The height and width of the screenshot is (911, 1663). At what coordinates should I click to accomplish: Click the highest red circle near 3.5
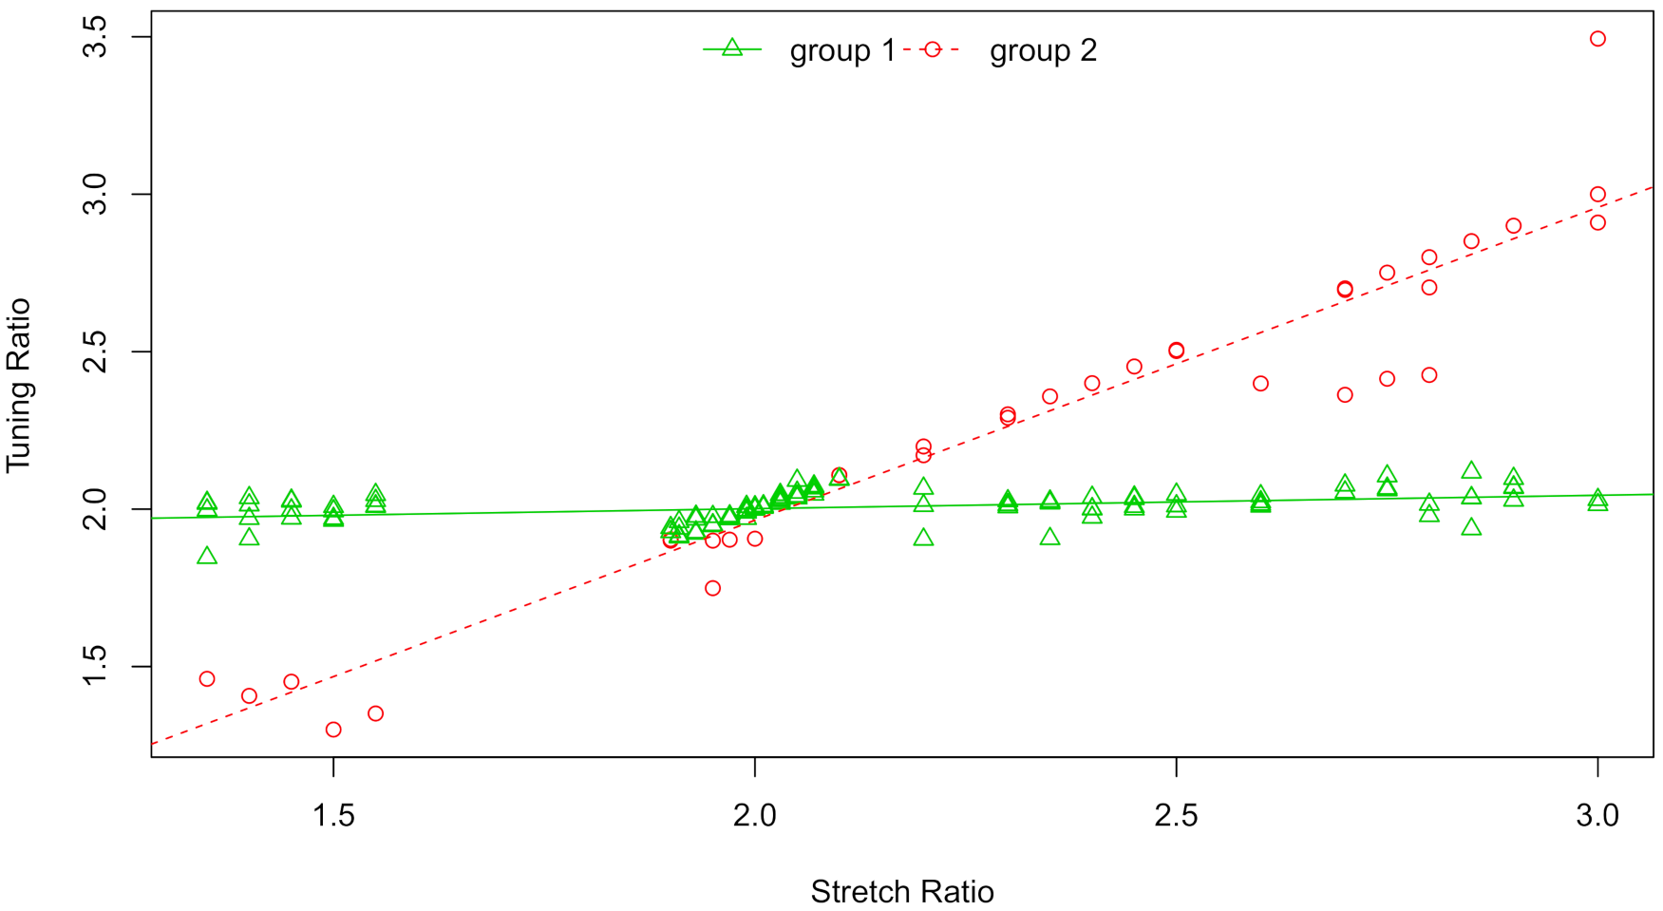click(1597, 39)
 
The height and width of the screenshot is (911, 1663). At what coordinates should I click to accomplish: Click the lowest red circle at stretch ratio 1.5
click(333, 730)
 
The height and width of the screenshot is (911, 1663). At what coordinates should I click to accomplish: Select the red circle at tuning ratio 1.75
click(712, 588)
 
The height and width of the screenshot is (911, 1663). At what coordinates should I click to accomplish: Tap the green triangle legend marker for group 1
click(731, 48)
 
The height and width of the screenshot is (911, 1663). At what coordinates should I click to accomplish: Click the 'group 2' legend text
click(1043, 50)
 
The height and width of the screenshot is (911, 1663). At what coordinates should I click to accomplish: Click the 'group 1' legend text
click(841, 50)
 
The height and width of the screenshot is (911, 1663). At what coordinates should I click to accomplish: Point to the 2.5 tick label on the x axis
click(1176, 816)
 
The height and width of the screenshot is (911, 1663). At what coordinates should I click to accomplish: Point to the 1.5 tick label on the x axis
click(333, 816)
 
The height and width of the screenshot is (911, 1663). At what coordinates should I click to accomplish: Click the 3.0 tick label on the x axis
click(1597, 816)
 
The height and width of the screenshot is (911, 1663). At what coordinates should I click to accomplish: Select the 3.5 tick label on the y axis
click(96, 37)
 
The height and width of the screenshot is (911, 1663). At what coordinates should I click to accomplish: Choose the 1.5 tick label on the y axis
click(96, 667)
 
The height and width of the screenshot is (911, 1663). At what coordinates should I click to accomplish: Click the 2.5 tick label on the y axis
click(96, 351)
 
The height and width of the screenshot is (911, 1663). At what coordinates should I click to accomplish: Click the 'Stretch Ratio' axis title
click(901, 892)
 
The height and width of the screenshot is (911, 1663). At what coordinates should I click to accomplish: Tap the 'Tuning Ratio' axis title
click(19, 385)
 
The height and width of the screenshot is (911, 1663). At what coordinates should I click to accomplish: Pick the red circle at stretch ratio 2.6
click(1260, 384)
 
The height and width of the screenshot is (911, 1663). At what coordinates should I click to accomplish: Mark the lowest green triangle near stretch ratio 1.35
click(207, 557)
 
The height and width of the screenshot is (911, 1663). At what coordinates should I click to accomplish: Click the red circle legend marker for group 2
click(932, 49)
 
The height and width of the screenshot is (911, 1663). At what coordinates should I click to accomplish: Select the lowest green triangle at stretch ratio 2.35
click(1049, 538)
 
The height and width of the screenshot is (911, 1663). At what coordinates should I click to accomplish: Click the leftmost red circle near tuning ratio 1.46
click(207, 679)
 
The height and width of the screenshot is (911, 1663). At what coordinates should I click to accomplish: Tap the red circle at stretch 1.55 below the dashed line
click(375, 713)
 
